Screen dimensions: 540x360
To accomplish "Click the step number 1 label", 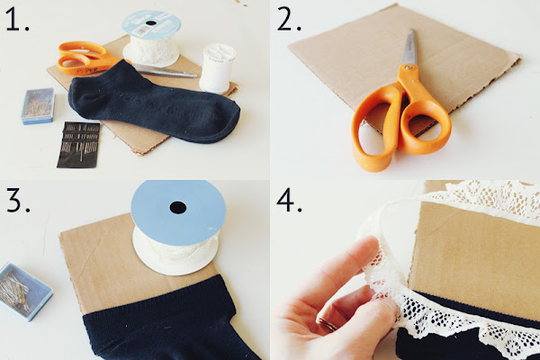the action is [17, 21].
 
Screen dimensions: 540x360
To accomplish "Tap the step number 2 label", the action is [289, 21].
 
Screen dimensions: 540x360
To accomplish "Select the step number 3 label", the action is [18, 202].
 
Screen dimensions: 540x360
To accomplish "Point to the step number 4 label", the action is [289, 202].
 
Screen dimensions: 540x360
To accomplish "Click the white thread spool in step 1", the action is [217, 68].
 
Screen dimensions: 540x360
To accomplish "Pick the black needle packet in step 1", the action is [78, 145].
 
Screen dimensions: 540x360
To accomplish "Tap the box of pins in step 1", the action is [38, 105].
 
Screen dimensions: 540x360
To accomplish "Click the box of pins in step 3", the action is [23, 290].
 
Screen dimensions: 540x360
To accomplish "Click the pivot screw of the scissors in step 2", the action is [409, 67].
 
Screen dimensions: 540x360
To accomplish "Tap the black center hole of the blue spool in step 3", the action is [177, 208].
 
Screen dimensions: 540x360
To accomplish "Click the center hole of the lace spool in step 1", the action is [151, 23].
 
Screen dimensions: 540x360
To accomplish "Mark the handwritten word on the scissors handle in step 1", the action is [87, 70].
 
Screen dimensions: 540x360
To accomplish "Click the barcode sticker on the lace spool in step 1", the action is [141, 31].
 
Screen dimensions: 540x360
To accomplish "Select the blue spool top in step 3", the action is [178, 212].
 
